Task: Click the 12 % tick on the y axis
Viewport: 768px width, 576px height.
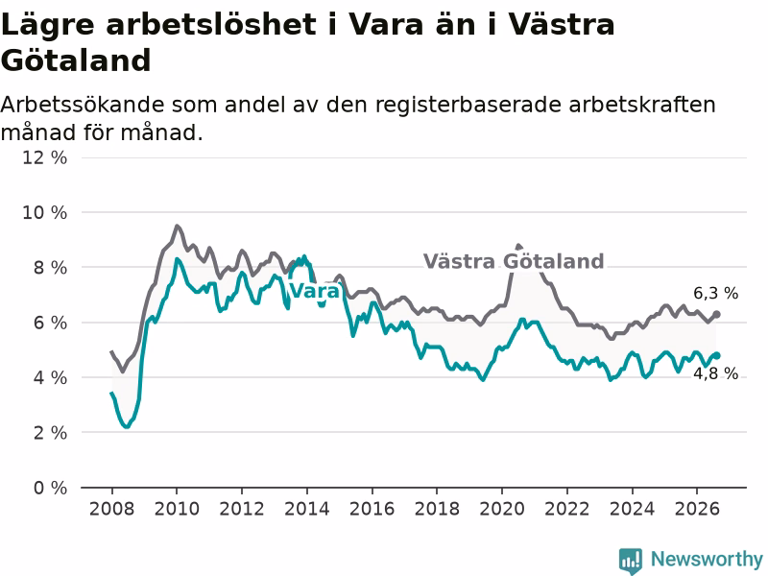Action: (x=44, y=157)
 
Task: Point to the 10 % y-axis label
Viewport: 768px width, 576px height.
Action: (x=44, y=212)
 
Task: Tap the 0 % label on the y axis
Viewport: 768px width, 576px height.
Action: (x=50, y=488)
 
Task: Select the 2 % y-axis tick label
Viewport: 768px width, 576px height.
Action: (x=50, y=433)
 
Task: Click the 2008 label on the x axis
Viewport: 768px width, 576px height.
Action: (x=111, y=509)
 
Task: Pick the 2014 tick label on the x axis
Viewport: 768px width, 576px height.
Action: (x=306, y=509)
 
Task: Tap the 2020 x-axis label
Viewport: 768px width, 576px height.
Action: (x=501, y=509)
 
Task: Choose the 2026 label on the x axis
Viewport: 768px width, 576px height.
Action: (x=697, y=509)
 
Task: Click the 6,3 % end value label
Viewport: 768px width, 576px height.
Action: (x=715, y=294)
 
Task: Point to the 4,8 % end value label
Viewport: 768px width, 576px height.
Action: (x=715, y=373)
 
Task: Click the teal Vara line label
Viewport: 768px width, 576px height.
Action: (x=315, y=291)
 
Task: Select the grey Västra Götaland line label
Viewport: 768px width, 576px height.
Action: (x=514, y=261)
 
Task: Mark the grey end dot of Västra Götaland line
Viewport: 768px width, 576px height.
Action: (x=716, y=315)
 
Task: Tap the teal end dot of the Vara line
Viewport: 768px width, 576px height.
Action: (x=716, y=355)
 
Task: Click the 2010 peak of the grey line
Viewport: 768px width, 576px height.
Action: (x=177, y=226)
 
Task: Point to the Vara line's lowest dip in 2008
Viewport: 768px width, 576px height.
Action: (x=127, y=426)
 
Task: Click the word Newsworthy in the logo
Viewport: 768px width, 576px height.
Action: (x=707, y=559)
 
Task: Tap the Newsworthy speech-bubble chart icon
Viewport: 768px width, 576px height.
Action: (x=631, y=561)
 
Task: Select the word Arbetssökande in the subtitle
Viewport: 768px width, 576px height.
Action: (x=83, y=105)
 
